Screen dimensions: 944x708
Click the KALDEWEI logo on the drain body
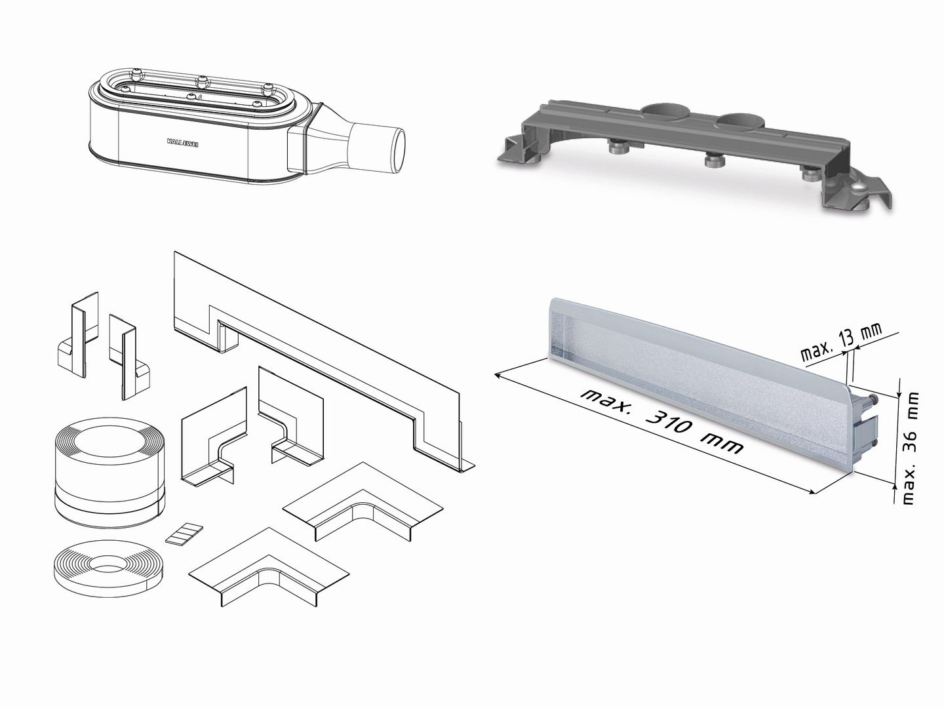click(182, 143)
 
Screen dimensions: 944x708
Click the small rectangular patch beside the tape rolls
click(184, 534)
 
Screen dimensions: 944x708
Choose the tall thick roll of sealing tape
click(109, 473)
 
